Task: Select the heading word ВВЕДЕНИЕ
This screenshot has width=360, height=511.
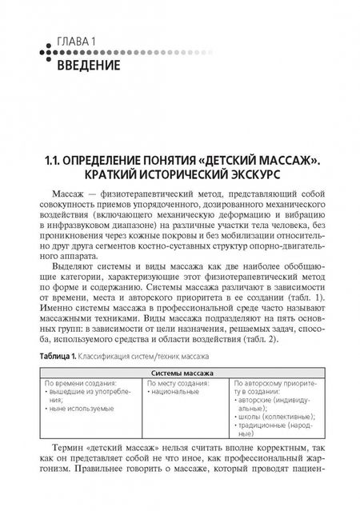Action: coord(89,62)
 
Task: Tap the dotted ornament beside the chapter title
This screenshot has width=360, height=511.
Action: coord(46,53)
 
